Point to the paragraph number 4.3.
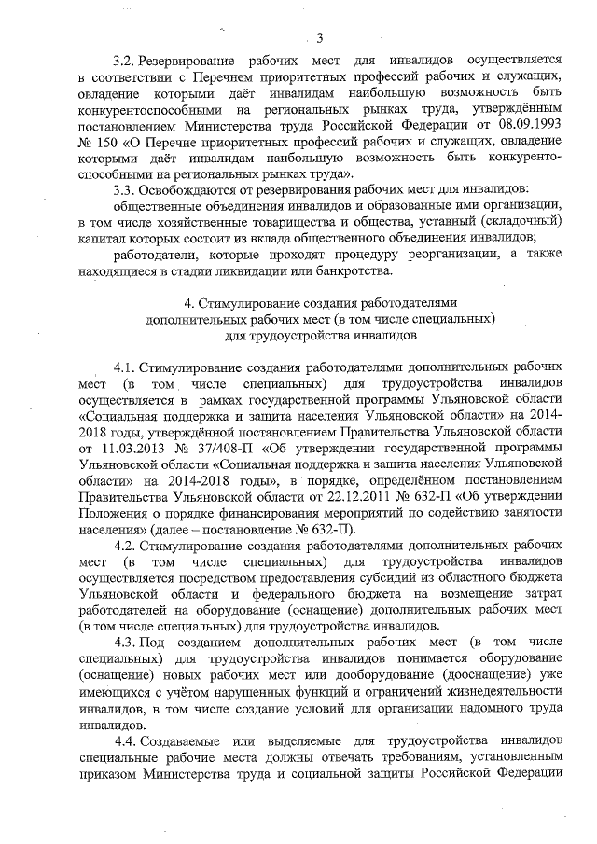pos(125,643)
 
